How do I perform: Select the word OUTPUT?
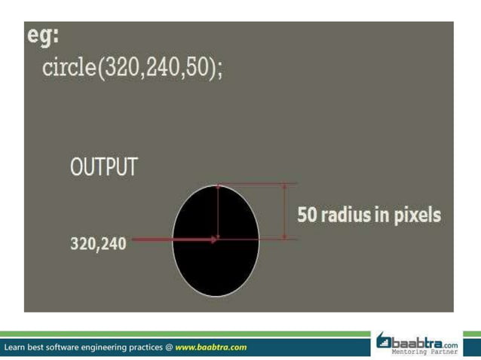104,167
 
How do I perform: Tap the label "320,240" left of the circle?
98,244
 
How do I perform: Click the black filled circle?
196,264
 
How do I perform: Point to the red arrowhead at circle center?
215,239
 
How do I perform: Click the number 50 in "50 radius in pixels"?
307,215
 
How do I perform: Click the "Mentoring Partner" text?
424,351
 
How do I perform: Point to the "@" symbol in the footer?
168,347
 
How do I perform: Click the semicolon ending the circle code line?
219,72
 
